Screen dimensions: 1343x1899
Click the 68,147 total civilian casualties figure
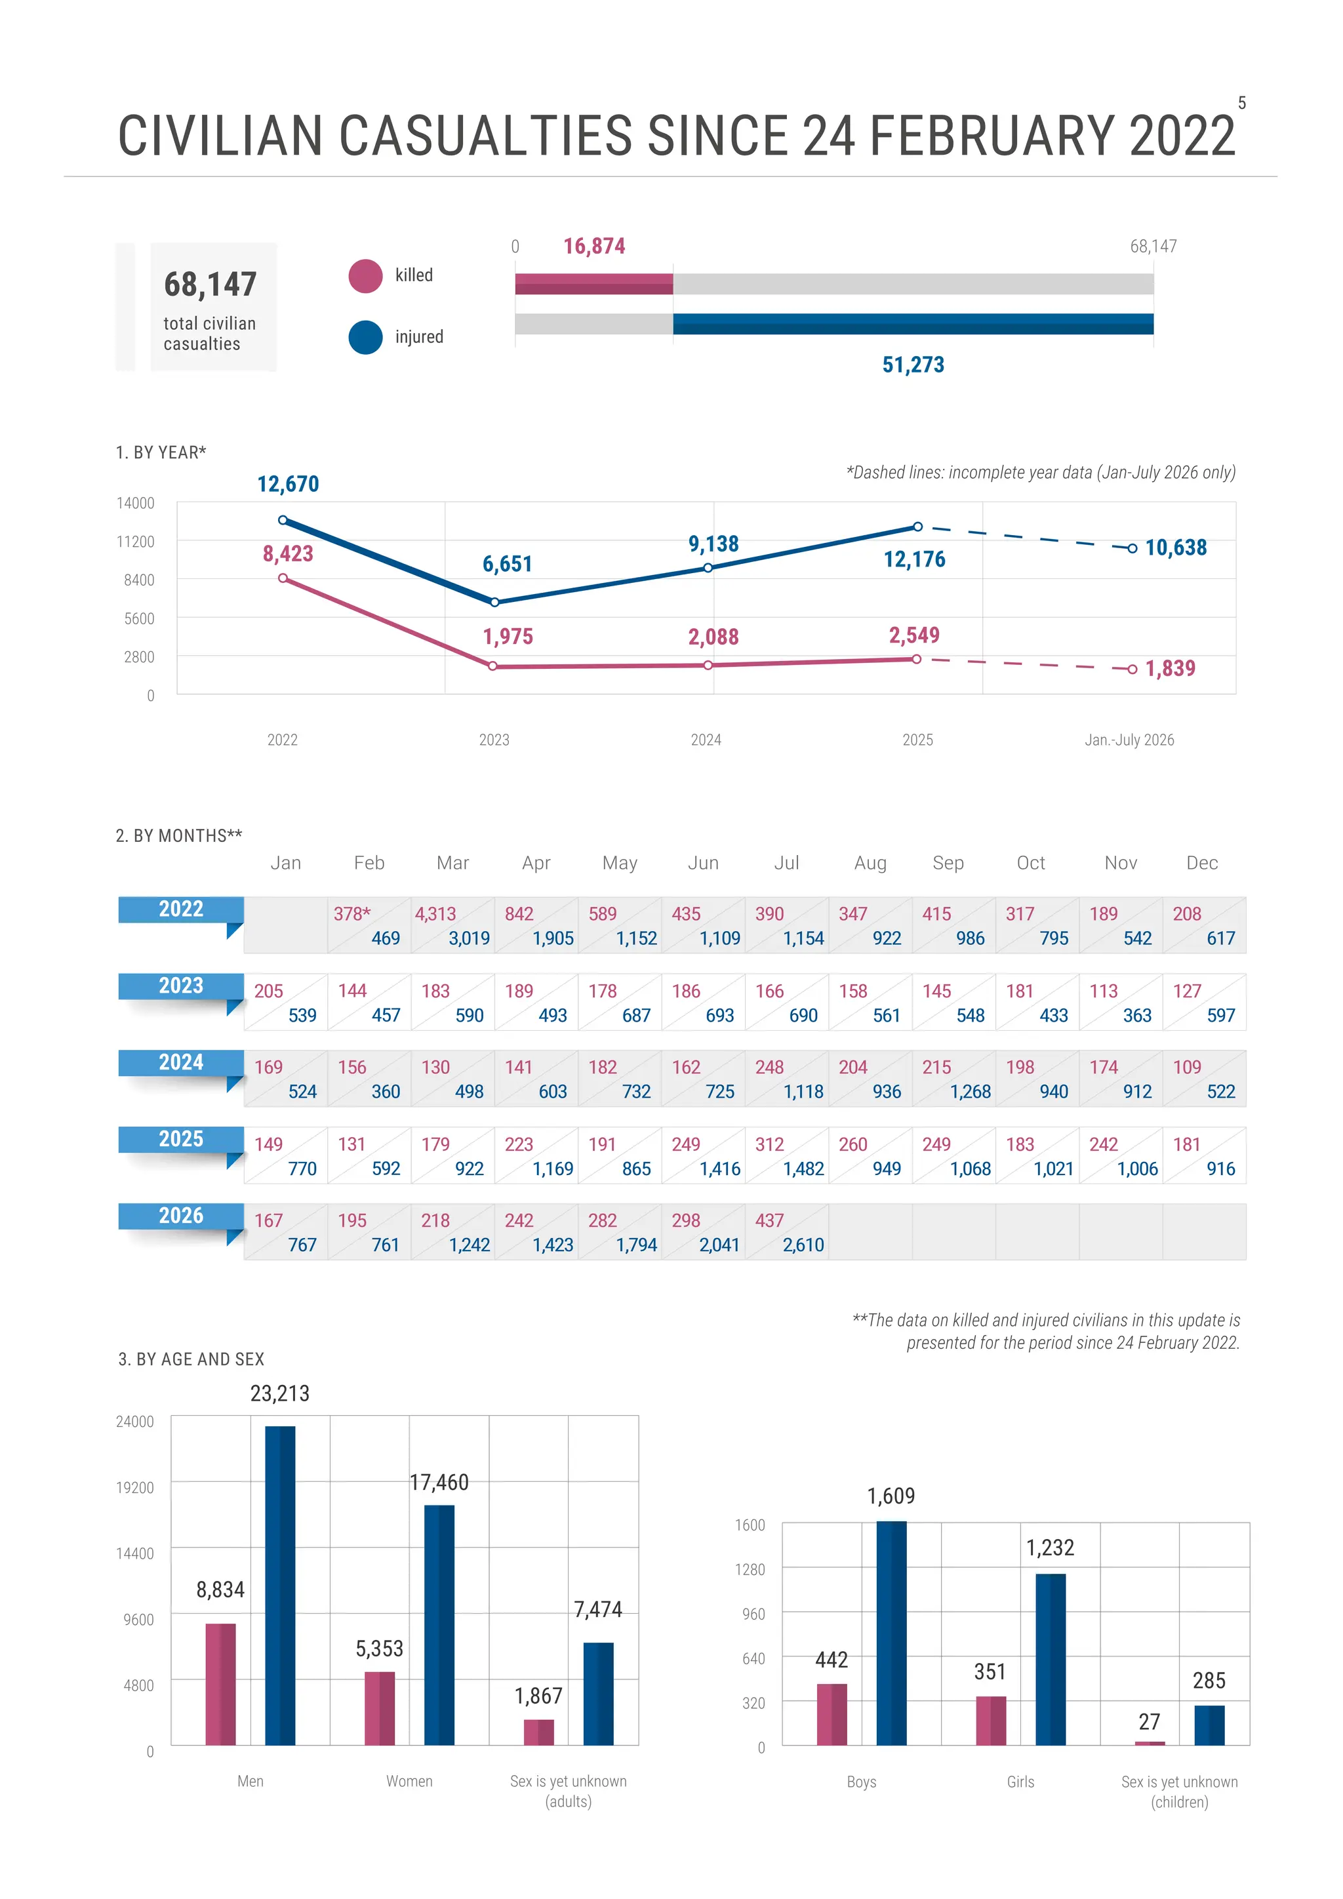[210, 285]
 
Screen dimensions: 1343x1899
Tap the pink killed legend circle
[365, 276]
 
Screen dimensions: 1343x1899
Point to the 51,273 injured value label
[913, 365]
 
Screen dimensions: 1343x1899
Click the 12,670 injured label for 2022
[288, 484]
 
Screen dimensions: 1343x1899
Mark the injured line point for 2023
[494, 602]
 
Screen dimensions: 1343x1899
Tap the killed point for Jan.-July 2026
[1132, 669]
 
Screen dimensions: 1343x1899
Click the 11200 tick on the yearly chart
[136, 542]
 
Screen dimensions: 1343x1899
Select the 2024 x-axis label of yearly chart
[706, 740]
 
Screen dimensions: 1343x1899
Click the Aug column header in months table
[870, 864]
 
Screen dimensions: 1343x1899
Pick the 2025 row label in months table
[181, 1139]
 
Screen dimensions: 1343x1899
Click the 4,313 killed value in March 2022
[436, 914]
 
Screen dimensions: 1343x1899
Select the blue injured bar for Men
[281, 1586]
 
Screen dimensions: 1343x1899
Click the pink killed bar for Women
[380, 1708]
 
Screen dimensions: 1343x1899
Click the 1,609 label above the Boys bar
[891, 1496]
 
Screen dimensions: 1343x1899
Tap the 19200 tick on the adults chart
[135, 1488]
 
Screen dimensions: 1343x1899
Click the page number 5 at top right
[1241, 104]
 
